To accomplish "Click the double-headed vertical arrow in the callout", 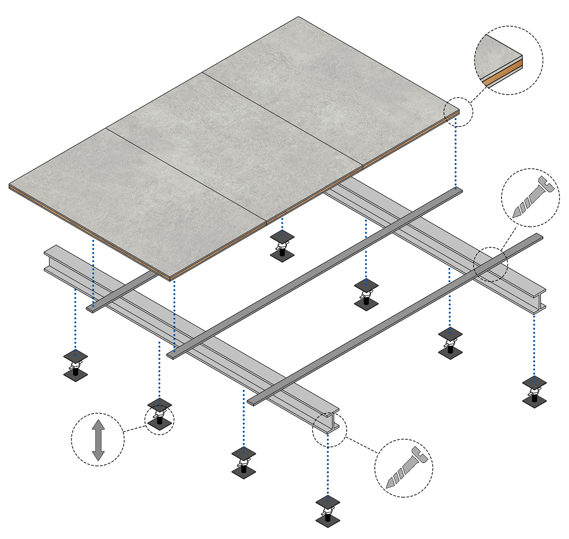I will pyautogui.click(x=98, y=440).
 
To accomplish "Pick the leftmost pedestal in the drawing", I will pyautogui.click(x=76, y=365).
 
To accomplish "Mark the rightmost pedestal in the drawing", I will pyautogui.click(x=534, y=392).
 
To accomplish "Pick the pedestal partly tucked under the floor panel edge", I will pyautogui.click(x=282, y=245).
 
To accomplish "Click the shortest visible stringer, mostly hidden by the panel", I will pyautogui.click(x=122, y=292).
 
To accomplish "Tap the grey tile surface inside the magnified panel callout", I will pyautogui.click(x=494, y=55).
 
